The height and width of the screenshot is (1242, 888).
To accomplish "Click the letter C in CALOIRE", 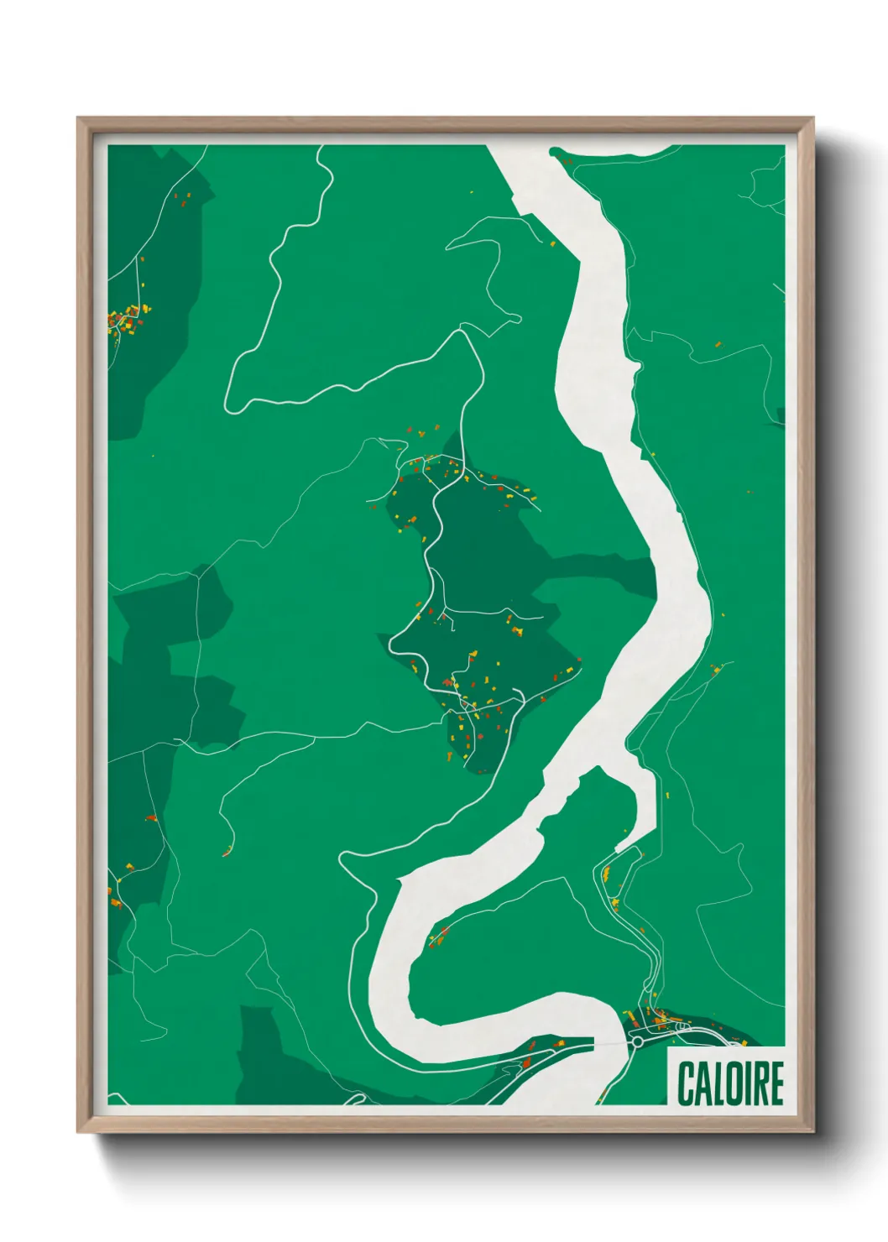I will pyautogui.click(x=686, y=1083).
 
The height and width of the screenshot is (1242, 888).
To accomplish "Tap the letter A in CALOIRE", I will pyautogui.click(x=701, y=1083).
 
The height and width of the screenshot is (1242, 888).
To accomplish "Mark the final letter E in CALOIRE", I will pyautogui.click(x=776, y=1083).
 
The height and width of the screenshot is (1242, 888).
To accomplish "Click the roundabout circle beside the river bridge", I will pyautogui.click(x=637, y=1041).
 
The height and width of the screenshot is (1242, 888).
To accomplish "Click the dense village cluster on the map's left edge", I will pyautogui.click(x=126, y=319).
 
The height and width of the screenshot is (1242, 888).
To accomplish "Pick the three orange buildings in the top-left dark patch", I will pyautogui.click(x=182, y=199).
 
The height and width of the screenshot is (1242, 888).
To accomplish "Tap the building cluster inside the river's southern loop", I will pyautogui.click(x=438, y=937).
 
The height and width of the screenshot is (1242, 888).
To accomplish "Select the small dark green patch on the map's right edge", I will pyautogui.click(x=781, y=415).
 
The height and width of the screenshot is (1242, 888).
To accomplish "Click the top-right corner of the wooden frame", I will pyautogui.click(x=812, y=118).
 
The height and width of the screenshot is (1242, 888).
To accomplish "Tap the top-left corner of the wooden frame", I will pyautogui.click(x=78, y=118).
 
